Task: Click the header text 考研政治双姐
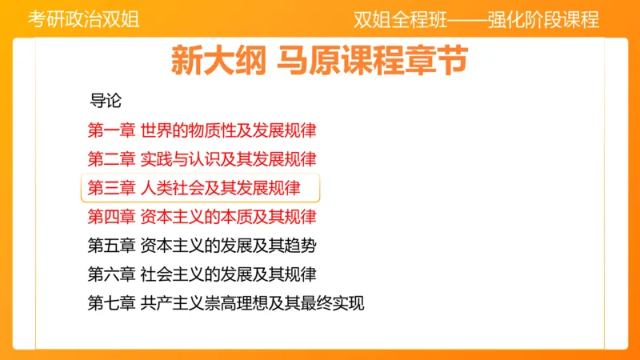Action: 84,19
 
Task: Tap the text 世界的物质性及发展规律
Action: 228,130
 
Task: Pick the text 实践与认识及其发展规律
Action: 228,158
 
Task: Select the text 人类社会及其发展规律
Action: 220,188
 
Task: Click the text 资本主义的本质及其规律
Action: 228,217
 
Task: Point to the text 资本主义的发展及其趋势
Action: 228,246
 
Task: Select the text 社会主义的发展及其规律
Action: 228,274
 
